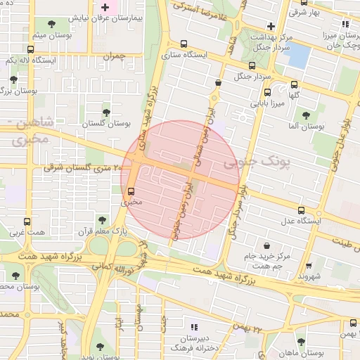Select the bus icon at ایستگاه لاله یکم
(30, 49)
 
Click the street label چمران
(113, 56)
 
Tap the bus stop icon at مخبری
(131, 191)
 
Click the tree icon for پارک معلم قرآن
(103, 220)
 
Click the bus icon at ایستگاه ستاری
(184, 43)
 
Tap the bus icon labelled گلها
(294, 84)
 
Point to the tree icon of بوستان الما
(305, 115)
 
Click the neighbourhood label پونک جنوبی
(256, 162)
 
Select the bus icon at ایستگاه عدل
(302, 210)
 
